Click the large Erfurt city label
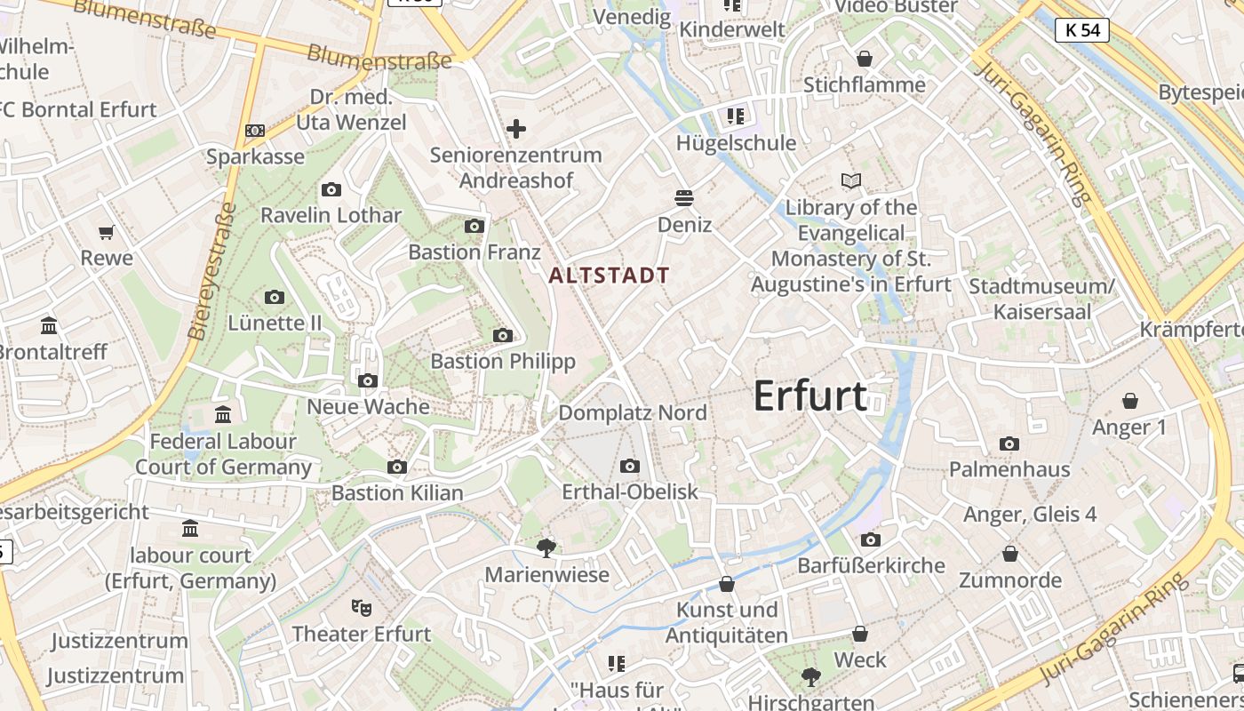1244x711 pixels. (x=809, y=395)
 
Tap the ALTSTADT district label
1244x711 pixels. (x=609, y=276)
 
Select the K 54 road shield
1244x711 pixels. (x=1083, y=30)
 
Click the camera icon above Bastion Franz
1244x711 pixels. (x=474, y=226)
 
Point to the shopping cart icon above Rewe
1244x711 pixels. (x=107, y=233)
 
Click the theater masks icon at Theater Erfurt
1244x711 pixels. (x=361, y=607)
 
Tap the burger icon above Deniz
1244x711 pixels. (x=684, y=197)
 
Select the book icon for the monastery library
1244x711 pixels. (x=851, y=181)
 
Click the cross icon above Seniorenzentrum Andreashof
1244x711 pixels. (x=516, y=130)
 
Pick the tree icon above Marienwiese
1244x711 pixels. (x=546, y=548)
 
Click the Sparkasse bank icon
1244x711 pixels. (x=255, y=131)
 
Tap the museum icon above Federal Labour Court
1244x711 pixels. (x=223, y=414)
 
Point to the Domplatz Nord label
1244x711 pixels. (x=633, y=413)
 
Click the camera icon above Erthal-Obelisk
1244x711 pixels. (x=630, y=466)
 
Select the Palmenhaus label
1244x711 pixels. (x=1009, y=469)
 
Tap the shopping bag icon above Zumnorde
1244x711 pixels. (x=1010, y=555)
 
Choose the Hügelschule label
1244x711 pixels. (x=736, y=143)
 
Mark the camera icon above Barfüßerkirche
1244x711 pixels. (x=871, y=539)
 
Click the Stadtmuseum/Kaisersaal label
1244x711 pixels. (x=1041, y=300)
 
